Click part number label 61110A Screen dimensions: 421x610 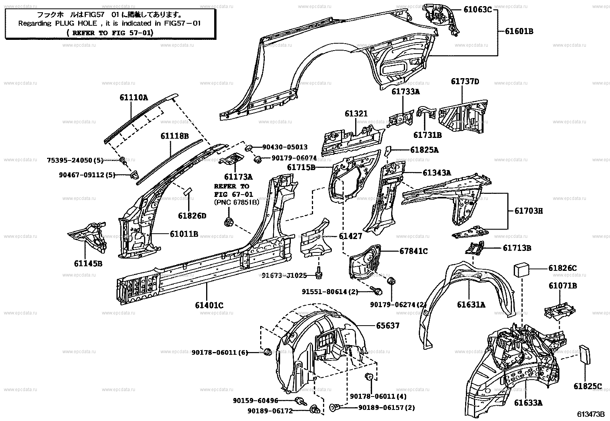coord(133,98)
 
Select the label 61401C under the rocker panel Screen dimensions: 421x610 coord(209,305)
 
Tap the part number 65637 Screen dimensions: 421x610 coord(387,326)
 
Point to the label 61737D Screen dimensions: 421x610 coord(465,82)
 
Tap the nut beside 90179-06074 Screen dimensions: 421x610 coord(258,158)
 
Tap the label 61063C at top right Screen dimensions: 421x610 coord(477,10)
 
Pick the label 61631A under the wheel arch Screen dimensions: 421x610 coord(471,305)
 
